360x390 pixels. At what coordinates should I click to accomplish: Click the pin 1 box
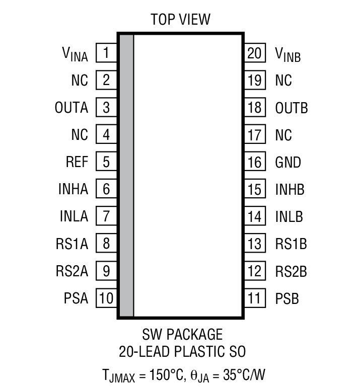106,52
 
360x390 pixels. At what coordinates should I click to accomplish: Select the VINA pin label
75,54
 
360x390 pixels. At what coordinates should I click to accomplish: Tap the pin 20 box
255,52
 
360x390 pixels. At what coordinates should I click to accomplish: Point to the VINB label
288,54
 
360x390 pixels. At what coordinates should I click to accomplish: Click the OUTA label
71,107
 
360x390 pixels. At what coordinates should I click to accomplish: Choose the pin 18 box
255,107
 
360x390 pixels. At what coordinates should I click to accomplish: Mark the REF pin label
77,162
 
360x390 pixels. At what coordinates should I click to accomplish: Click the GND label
288,162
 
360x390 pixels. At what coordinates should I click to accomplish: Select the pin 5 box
106,162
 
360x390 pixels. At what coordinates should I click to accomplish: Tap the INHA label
73,189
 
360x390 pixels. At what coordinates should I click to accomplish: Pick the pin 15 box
255,189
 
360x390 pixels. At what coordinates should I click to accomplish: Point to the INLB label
289,217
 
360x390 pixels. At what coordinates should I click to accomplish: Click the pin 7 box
106,217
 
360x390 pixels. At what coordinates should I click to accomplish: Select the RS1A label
72,244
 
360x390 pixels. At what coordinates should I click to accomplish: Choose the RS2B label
291,272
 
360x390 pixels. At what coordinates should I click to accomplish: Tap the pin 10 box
106,298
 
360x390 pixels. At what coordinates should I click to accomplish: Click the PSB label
287,298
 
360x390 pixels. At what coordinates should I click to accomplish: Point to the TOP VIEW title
180,20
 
